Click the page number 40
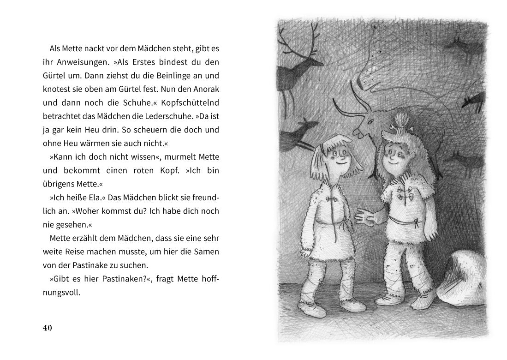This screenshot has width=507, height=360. click(x=47, y=328)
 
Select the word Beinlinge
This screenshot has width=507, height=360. click(x=149, y=76)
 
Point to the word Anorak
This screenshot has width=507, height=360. click(x=204, y=90)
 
